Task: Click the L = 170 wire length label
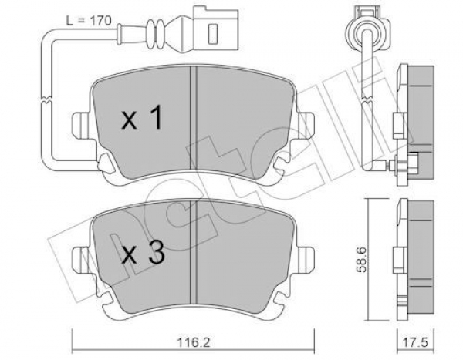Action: point(89,21)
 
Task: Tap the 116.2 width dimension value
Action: point(194,343)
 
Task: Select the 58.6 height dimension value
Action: point(362,260)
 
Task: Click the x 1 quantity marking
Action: point(142,118)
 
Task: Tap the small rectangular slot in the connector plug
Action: point(213,34)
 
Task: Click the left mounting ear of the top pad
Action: point(80,125)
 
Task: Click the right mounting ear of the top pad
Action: point(306,125)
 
